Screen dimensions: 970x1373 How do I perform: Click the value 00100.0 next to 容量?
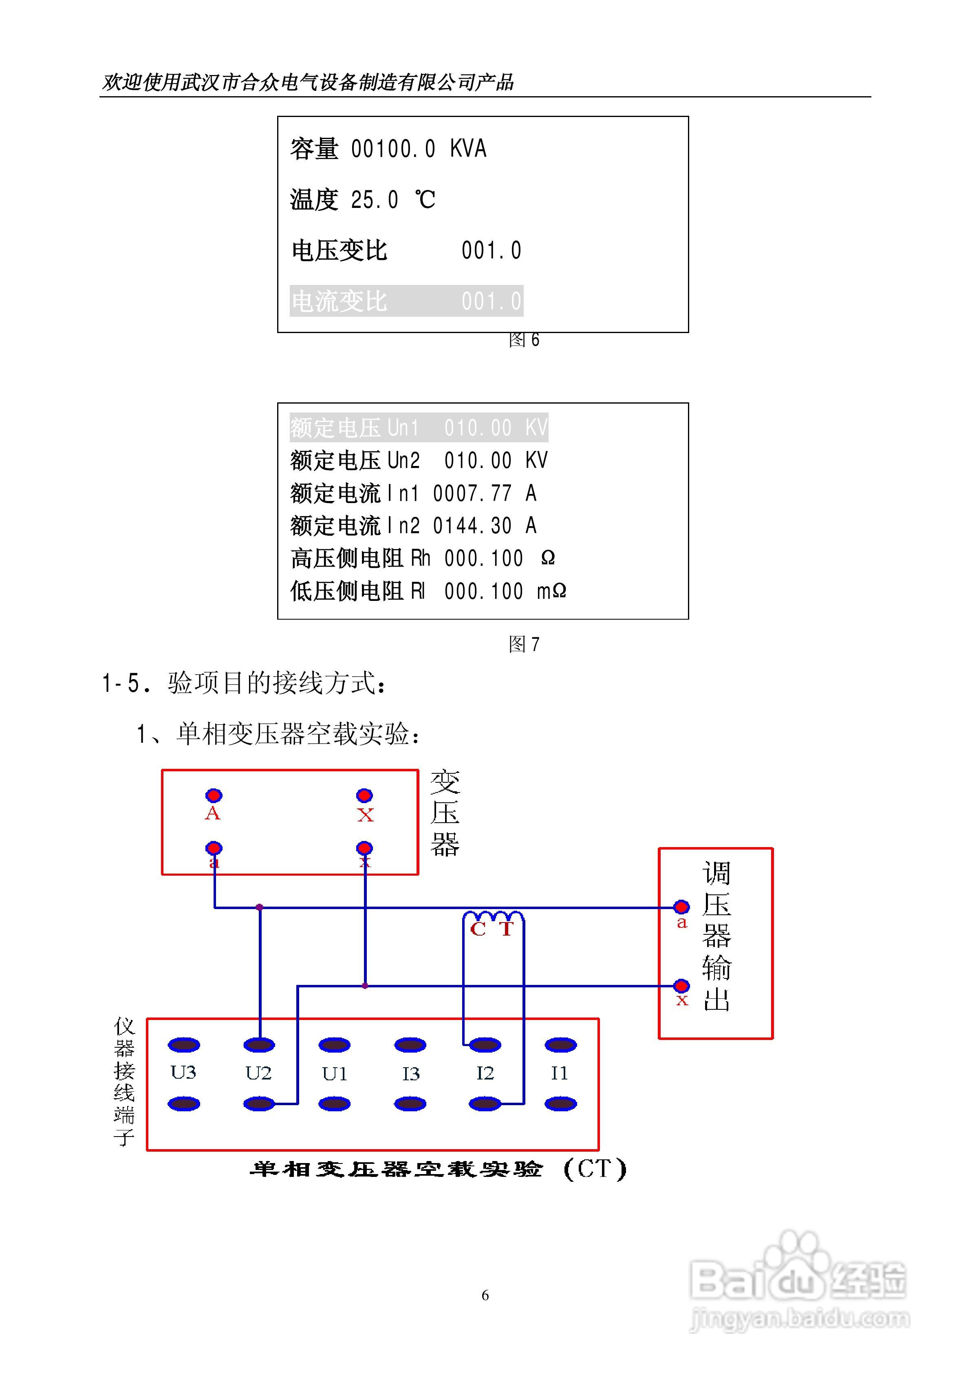click(392, 149)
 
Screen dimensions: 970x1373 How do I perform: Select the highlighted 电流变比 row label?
click(339, 301)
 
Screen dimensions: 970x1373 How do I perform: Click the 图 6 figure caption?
click(524, 340)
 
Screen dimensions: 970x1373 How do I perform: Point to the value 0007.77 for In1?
click(472, 493)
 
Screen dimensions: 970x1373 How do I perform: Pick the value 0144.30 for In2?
click(472, 525)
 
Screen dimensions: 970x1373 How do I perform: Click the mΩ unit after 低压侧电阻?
click(551, 591)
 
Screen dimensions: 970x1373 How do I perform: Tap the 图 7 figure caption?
click(524, 644)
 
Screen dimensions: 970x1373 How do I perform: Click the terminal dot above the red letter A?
click(214, 795)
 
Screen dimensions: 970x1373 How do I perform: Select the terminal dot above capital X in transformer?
click(364, 795)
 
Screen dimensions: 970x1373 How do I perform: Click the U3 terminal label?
click(183, 1072)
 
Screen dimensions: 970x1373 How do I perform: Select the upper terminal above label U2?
click(259, 1045)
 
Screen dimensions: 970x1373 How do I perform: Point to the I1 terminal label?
click(559, 1073)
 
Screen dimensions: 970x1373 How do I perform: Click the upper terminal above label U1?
click(334, 1045)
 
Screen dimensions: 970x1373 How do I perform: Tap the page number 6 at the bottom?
click(485, 1295)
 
